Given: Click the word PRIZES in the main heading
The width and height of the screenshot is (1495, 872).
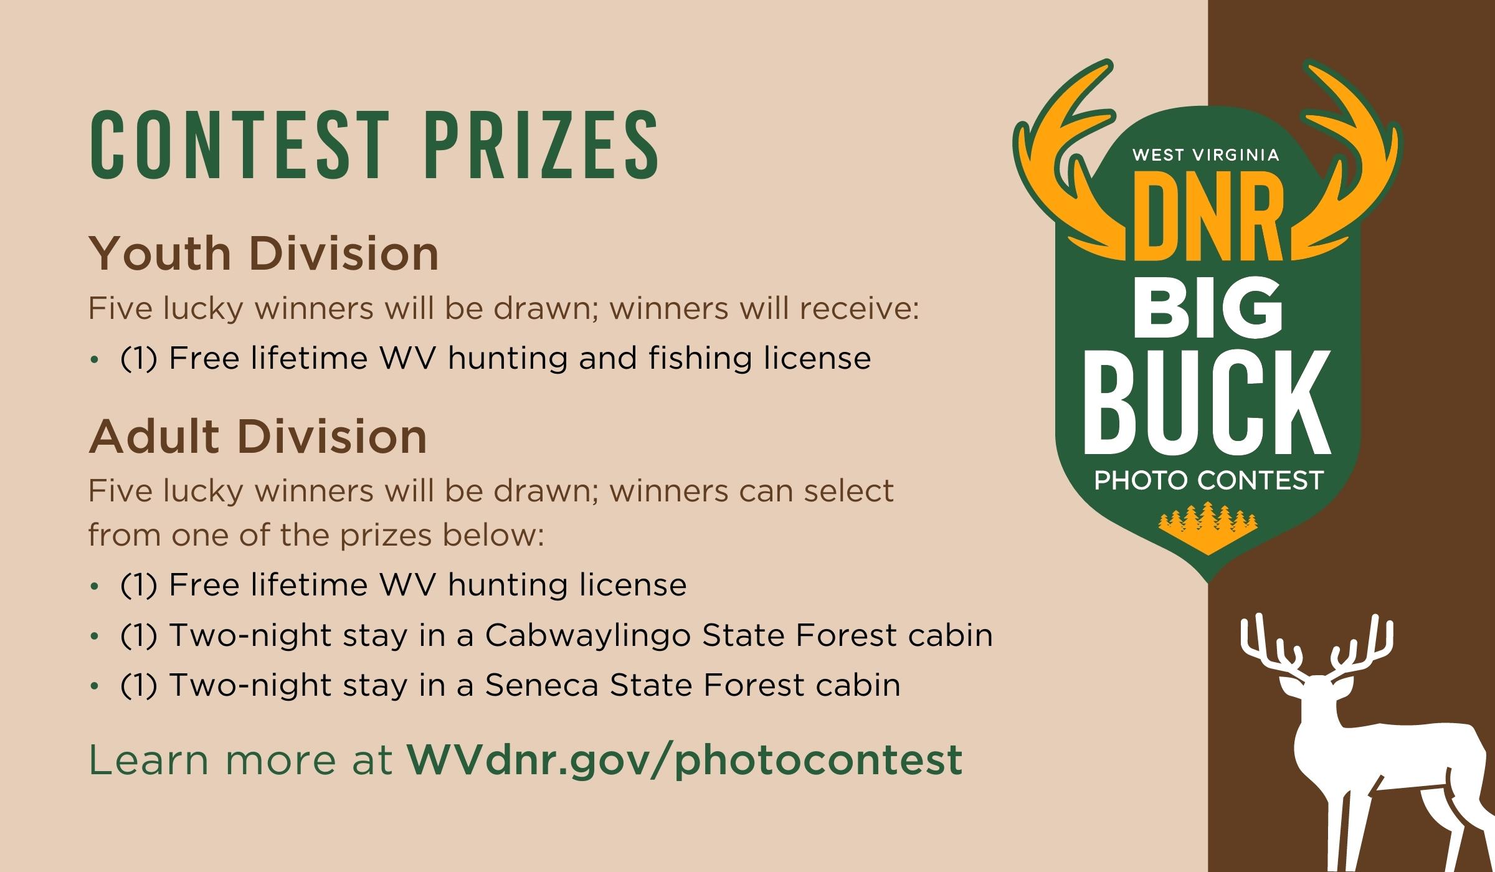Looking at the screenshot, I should click(542, 145).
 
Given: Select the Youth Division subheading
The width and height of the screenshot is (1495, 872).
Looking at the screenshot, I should click(263, 254).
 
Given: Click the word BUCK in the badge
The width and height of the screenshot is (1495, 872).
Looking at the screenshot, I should click(1207, 402).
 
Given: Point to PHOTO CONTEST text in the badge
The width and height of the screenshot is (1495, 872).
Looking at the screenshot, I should click(1208, 480).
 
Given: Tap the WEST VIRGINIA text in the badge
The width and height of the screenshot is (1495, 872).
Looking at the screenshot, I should click(1206, 154).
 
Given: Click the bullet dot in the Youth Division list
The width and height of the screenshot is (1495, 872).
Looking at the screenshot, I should click(95, 359).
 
